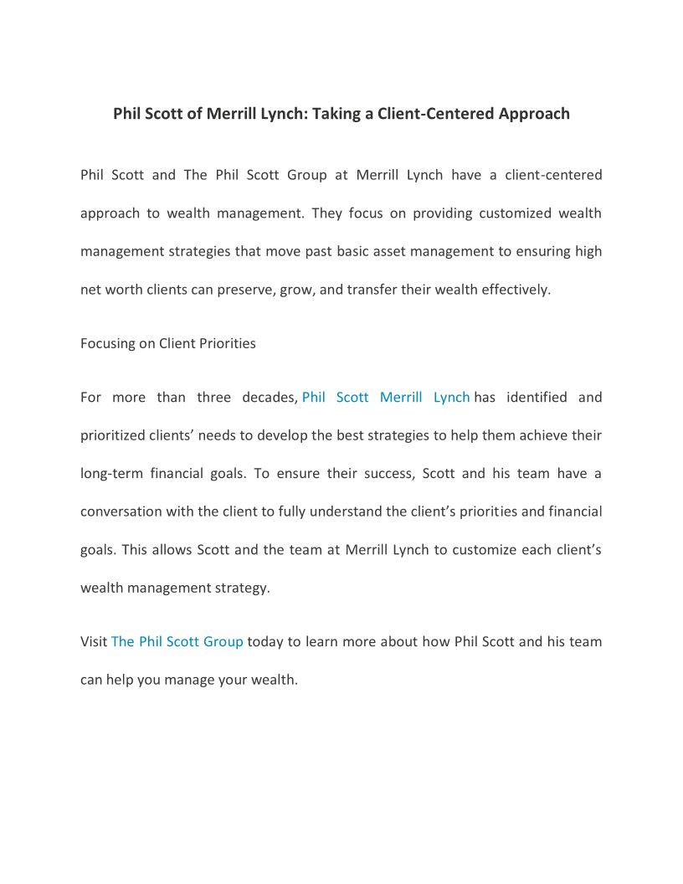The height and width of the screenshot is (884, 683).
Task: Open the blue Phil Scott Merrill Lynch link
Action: click(385, 398)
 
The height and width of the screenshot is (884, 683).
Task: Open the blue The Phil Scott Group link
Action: click(177, 642)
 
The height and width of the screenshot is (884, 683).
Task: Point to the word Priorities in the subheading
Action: click(227, 343)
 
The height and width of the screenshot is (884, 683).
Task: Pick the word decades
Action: click(269, 398)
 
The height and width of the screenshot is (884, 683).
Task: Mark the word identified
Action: click(536, 398)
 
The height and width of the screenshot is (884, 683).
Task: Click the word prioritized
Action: click(115, 435)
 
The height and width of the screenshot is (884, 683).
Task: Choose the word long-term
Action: click(111, 474)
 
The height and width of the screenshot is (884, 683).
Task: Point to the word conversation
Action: click(121, 511)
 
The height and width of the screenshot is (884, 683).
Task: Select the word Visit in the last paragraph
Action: click(94, 642)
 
